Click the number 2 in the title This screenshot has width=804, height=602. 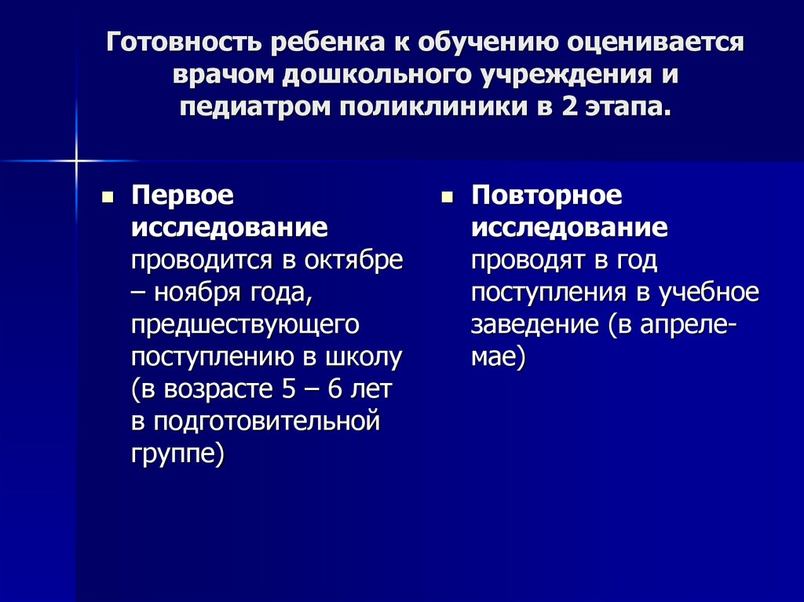pyautogui.click(x=568, y=107)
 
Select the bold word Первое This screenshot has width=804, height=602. pyautogui.click(x=183, y=196)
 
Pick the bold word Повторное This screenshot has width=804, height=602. pyautogui.click(x=546, y=196)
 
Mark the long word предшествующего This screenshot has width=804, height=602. pyautogui.click(x=245, y=325)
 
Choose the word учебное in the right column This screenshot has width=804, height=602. pyautogui.click(x=709, y=293)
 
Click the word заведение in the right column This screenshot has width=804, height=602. pyautogui.click(x=533, y=325)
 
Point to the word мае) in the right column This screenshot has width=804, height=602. pyautogui.click(x=498, y=357)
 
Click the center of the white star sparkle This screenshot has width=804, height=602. pyautogui.click(x=76, y=160)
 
